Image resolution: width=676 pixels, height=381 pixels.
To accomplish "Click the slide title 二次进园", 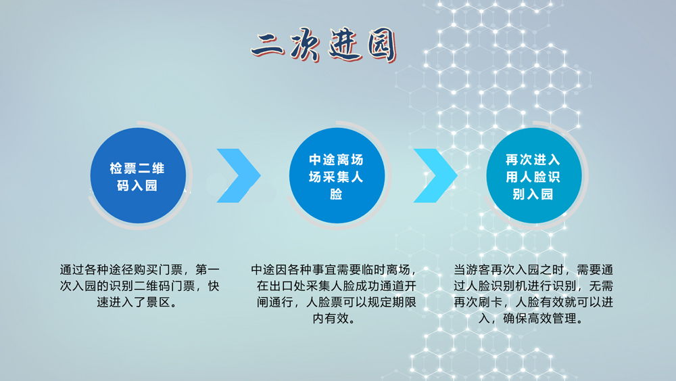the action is [324, 45].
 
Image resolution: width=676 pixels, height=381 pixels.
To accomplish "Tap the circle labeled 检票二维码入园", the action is [138, 176].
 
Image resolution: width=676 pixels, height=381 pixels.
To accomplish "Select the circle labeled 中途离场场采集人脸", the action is [337, 176].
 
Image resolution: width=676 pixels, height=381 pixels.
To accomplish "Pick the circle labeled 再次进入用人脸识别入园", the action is [534, 176].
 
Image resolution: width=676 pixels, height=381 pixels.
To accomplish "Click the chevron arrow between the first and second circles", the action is [239, 176].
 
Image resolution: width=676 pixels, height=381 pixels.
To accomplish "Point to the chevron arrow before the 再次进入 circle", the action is [435, 176].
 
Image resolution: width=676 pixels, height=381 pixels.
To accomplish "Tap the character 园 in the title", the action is [381, 46].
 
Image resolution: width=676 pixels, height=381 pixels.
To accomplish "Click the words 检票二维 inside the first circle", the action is [137, 169].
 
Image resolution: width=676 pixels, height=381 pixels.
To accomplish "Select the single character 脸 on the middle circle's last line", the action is [336, 194].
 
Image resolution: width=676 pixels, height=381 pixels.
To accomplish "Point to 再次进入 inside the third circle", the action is [533, 160].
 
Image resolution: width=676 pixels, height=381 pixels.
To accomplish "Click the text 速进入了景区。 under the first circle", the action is [138, 302].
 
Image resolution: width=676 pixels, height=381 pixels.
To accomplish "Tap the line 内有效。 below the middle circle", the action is [334, 319].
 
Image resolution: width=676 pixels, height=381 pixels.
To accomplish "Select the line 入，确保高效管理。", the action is [533, 319].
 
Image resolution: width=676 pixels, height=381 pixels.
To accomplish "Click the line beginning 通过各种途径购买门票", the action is [140, 269].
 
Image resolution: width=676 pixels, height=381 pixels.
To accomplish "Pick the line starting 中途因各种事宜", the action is [335, 269].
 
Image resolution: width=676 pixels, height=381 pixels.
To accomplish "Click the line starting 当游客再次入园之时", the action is [533, 269].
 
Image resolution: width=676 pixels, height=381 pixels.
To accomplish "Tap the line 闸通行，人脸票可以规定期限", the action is [337, 302].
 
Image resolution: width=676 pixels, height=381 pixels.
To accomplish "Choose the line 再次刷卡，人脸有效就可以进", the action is [533, 302].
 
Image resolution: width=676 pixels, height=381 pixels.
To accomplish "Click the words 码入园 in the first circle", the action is [137, 185].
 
